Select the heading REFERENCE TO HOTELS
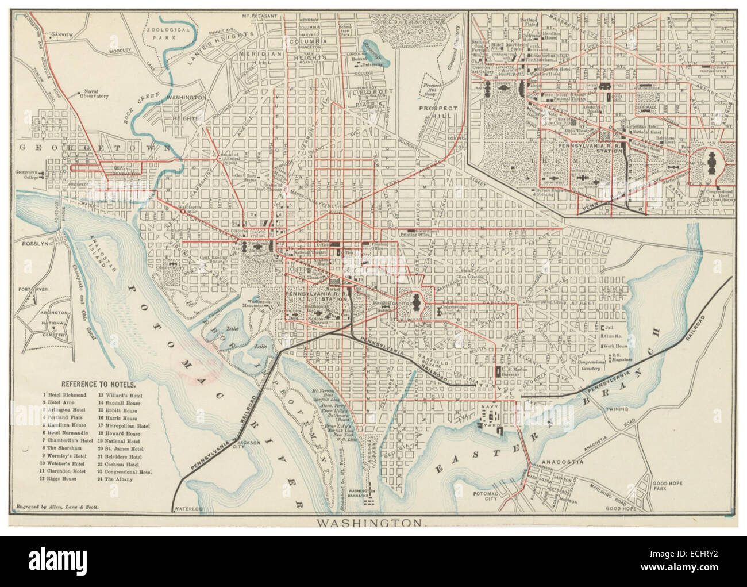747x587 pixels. tap(98, 383)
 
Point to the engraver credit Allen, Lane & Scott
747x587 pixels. tap(55, 507)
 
